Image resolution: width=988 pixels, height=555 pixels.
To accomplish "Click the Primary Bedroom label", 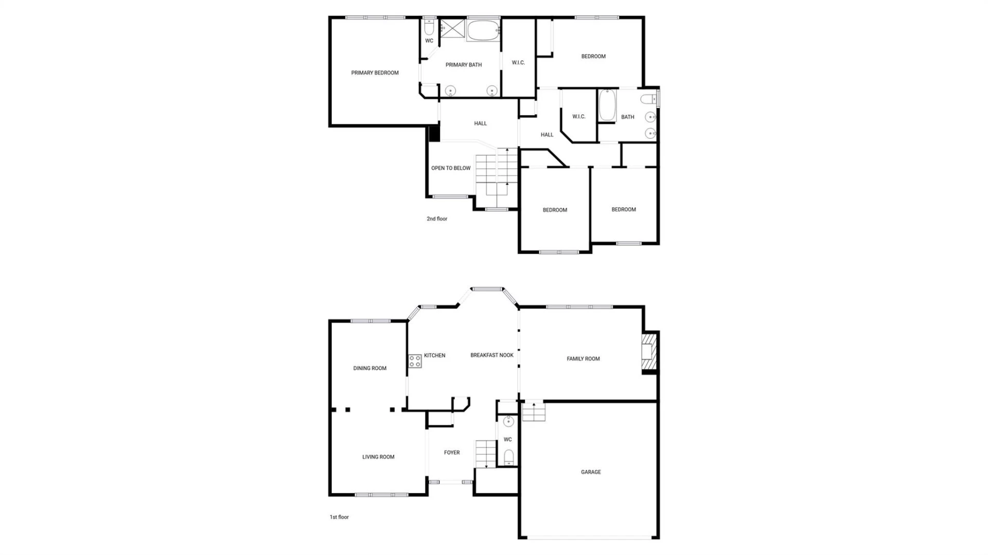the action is [375, 73].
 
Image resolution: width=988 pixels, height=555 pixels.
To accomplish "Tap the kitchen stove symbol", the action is [415, 361].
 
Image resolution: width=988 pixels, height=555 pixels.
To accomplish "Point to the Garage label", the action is [591, 472].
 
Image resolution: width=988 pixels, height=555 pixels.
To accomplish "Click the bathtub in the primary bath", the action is [483, 30].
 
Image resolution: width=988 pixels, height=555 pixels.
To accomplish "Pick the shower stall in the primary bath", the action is [452, 29].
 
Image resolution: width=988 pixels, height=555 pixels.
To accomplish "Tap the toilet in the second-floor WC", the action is [429, 27].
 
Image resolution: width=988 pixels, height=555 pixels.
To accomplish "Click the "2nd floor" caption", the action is [437, 219].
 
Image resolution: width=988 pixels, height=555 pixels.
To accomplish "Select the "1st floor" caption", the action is [339, 517].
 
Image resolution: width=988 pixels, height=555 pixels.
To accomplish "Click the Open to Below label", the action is [451, 168].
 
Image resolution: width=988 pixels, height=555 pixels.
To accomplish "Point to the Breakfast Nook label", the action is [492, 355].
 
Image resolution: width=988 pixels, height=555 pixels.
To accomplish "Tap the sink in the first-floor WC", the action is [508, 422].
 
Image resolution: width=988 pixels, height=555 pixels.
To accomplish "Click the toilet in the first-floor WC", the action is [508, 457].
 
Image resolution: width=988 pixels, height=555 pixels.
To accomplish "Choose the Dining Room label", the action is [369, 368].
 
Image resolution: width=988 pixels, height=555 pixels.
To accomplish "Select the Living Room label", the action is [378, 457].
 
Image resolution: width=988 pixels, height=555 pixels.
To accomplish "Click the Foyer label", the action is [452, 453].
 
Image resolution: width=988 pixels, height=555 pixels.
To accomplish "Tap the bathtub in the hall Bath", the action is [607, 106].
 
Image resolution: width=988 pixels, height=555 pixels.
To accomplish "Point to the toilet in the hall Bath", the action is [648, 99].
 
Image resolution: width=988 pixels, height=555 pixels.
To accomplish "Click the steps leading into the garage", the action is [534, 412].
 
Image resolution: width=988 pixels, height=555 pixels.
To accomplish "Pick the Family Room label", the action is [583, 359].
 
